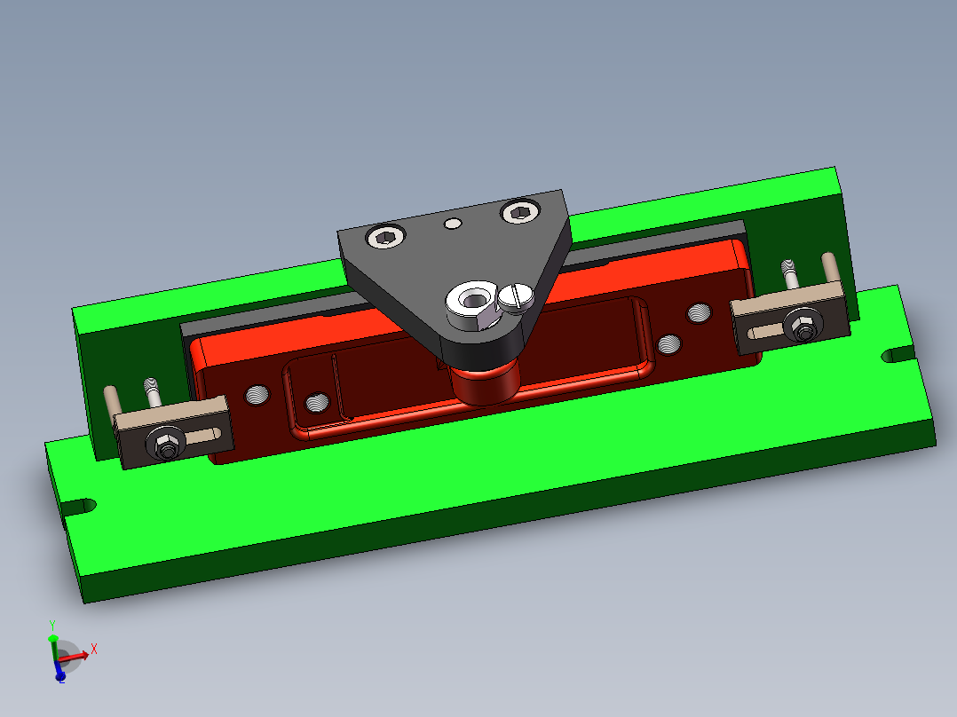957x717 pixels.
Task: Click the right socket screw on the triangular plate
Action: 520,212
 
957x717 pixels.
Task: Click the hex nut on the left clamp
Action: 163,443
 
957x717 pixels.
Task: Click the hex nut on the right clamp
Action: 802,326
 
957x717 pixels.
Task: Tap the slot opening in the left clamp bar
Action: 203,434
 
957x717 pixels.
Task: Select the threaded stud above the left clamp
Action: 151,391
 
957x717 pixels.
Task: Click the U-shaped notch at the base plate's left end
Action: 80,508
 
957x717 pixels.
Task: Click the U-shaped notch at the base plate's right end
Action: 898,355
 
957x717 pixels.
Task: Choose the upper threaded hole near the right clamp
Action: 700,312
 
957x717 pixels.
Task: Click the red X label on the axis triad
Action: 93,649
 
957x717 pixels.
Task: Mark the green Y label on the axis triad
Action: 52,625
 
